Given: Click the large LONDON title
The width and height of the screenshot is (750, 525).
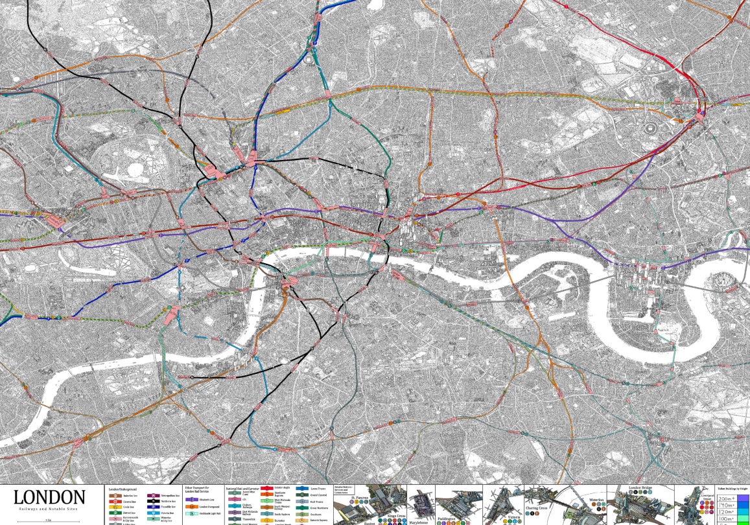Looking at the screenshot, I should tap(49, 498).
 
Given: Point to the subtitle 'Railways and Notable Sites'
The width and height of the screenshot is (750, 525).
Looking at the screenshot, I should tap(49, 511).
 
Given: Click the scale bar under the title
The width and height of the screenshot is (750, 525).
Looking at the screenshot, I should tap(49, 520).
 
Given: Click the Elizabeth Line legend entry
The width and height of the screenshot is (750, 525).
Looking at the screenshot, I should tap(205, 500).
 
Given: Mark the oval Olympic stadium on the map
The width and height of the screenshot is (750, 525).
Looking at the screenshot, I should tap(650, 127).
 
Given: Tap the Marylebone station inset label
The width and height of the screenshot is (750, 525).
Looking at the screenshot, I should tap(419, 521).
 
